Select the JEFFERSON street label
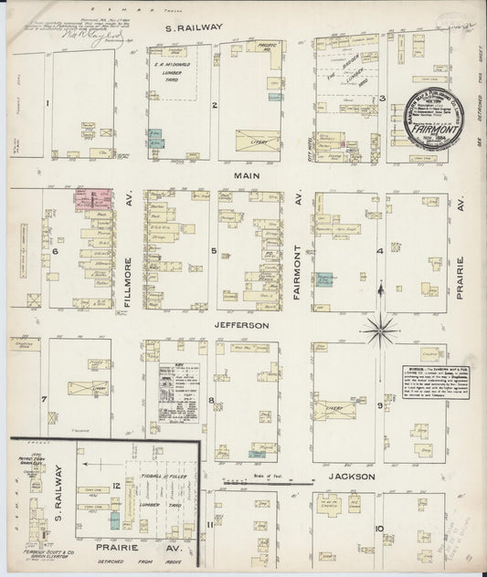[242, 324]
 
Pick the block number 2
[214, 106]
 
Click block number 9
[379, 403]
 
